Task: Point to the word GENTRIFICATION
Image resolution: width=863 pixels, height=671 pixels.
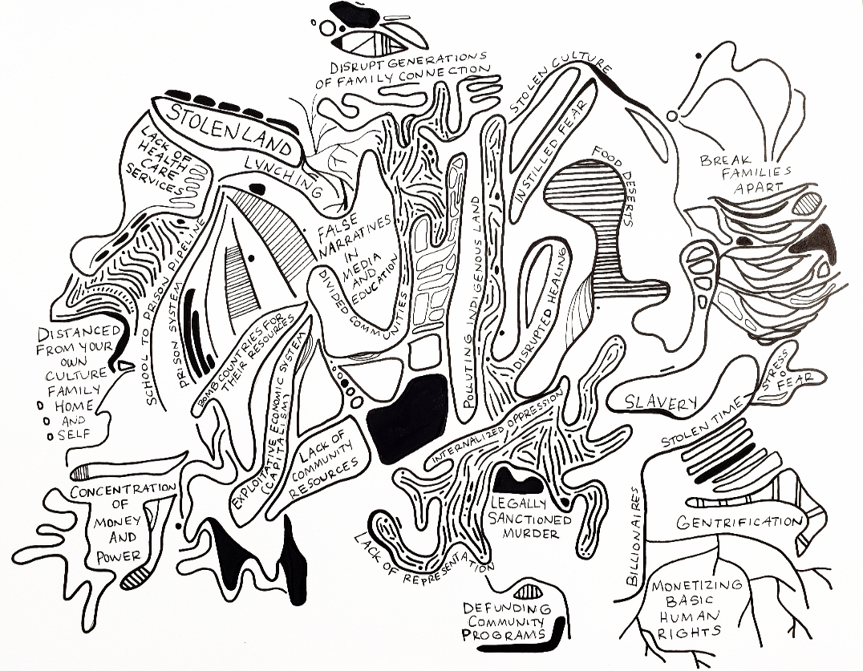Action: (x=739, y=522)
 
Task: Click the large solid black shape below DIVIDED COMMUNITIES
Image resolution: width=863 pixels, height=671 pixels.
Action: (x=407, y=418)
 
